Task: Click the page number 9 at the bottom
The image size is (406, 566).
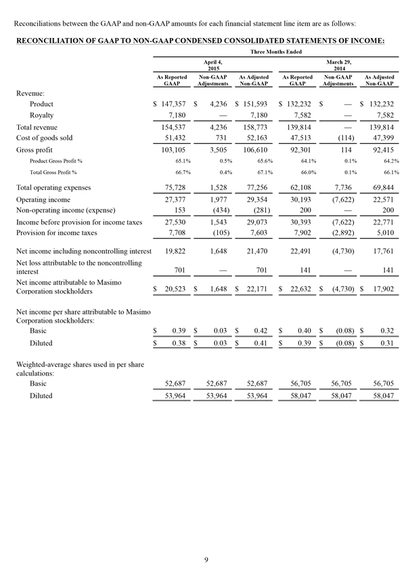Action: [208, 540]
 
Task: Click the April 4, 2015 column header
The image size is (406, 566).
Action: [213, 65]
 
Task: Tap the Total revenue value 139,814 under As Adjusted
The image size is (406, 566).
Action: [380, 127]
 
